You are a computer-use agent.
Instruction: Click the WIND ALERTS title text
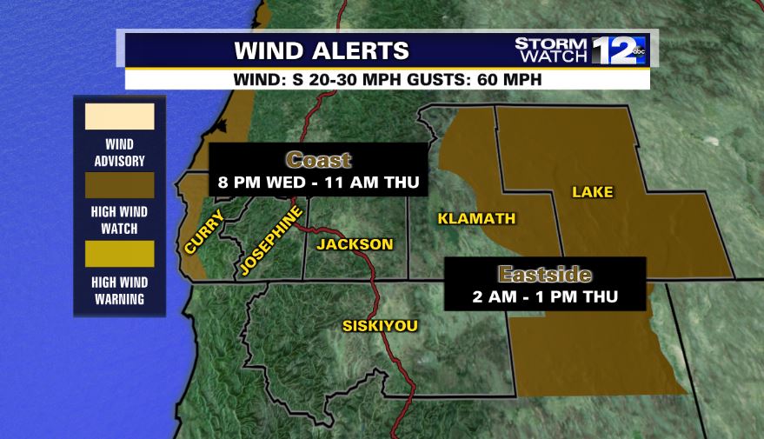[x=322, y=50]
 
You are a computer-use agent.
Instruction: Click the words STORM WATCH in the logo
[x=551, y=50]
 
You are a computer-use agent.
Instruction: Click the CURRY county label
[x=204, y=233]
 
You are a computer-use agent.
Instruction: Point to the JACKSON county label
[x=355, y=244]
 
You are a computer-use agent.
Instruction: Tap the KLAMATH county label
[x=476, y=218]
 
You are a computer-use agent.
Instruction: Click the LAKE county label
[x=592, y=191]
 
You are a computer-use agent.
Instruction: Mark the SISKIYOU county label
[x=379, y=326]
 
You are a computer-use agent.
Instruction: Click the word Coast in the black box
[x=318, y=160]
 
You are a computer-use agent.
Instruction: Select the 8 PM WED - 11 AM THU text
[x=318, y=183]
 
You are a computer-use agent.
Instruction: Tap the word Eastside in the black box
[x=544, y=275]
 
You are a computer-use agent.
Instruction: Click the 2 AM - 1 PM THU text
[x=544, y=296]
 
